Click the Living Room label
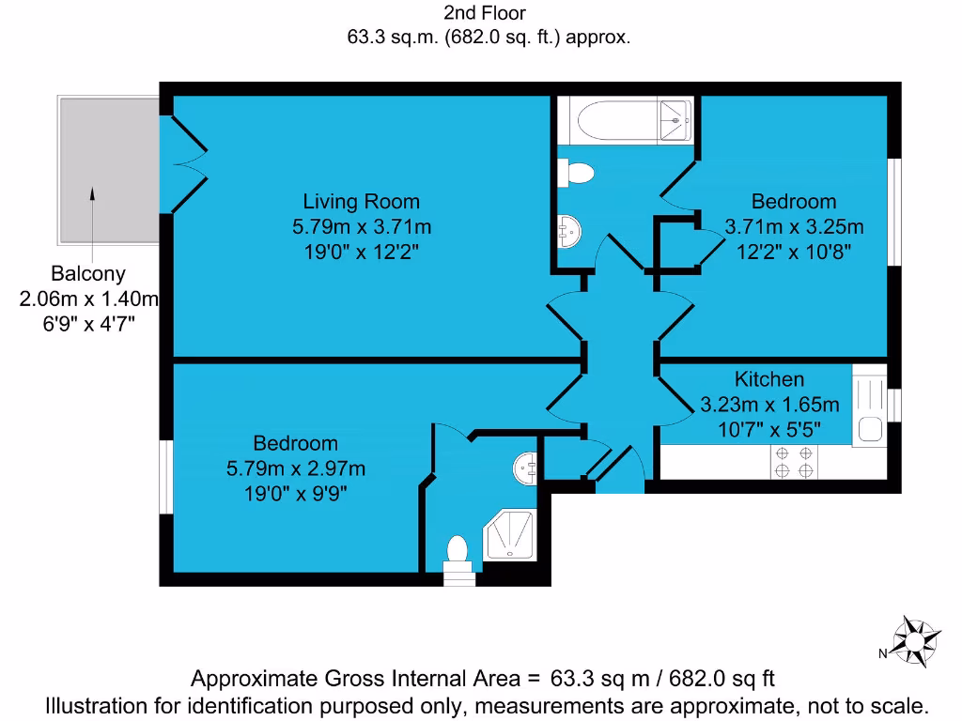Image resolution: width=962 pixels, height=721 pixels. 361,201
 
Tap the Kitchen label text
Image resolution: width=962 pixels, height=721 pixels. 768,379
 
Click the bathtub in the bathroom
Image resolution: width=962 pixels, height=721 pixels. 624,122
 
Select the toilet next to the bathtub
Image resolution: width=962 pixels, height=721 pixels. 576,174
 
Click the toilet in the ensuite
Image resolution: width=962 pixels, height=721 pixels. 458,551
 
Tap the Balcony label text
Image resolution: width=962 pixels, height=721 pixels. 88,274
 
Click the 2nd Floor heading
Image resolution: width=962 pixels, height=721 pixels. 485,13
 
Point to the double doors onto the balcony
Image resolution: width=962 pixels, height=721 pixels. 186,165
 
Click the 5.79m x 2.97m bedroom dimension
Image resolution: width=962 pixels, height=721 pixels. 296,468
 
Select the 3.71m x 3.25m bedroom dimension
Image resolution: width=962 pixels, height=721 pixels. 794,226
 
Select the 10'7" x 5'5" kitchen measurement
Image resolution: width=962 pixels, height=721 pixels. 768,430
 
